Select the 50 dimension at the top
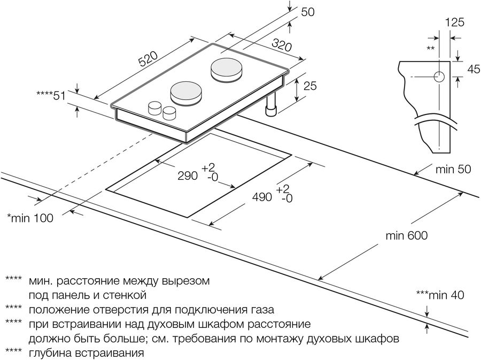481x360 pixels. coord(307,12)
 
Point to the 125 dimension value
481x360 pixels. coord(454,22)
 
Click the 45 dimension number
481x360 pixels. coord(473,69)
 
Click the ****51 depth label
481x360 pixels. coord(50,96)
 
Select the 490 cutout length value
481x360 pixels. coord(262,196)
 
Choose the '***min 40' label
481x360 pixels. coord(440,295)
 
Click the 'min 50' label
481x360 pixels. coord(453,170)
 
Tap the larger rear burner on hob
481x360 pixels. coord(226,69)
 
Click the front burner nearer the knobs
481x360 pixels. coord(186,93)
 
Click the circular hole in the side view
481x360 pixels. coord(439,77)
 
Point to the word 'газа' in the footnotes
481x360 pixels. coord(262,309)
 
